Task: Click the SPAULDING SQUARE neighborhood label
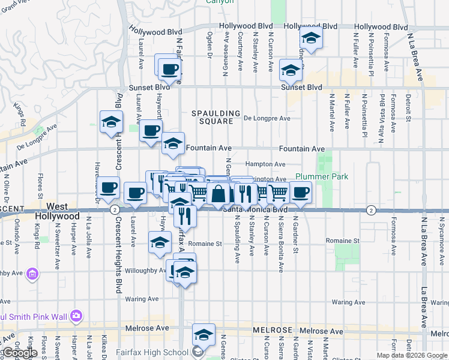click(215, 117)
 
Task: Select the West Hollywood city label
click(56, 211)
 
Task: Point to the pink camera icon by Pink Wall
click(76, 315)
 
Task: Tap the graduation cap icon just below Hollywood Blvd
click(310, 38)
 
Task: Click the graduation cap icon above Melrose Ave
click(203, 335)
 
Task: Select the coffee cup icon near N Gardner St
click(301, 192)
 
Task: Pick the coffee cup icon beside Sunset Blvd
click(169, 68)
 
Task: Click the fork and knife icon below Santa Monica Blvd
click(185, 216)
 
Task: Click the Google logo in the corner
click(19, 353)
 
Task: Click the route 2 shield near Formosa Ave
click(372, 210)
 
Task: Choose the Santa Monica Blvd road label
click(255, 209)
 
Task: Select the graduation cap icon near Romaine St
click(160, 244)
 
